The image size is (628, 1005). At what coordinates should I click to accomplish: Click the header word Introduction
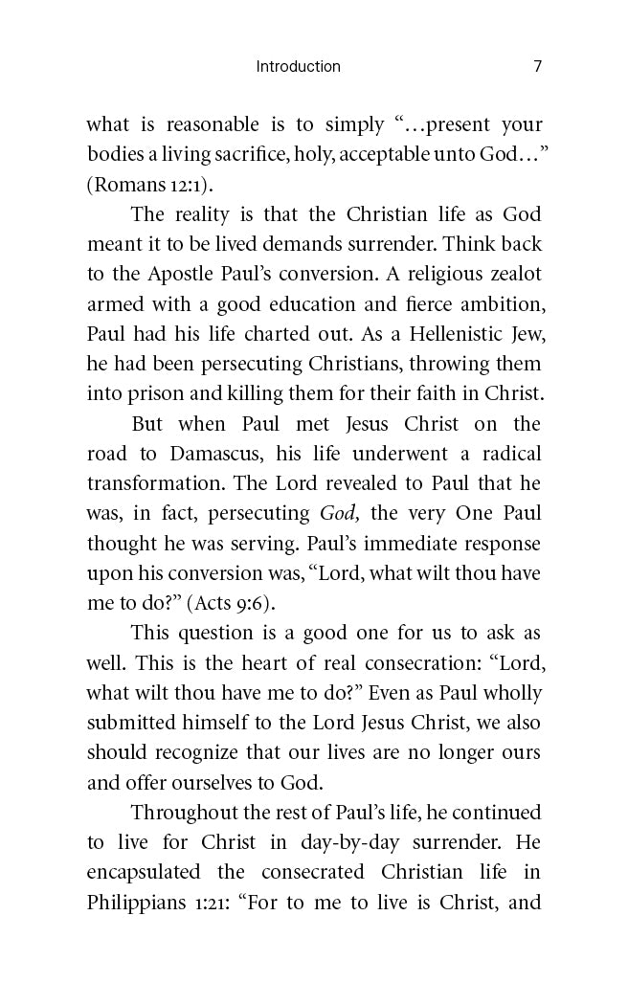(x=298, y=66)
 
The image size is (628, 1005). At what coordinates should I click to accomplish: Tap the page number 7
(x=537, y=66)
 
